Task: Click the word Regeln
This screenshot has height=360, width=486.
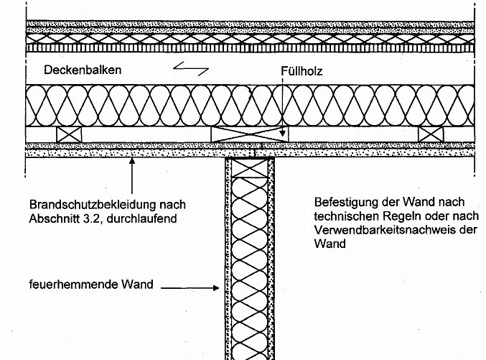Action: pos(396,216)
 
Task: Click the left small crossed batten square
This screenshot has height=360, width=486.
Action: pos(69,134)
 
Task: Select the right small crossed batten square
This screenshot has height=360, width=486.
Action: pos(431,134)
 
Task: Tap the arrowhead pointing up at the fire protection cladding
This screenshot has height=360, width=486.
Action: pos(131,162)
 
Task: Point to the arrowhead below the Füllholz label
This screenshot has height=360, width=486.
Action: pos(284,134)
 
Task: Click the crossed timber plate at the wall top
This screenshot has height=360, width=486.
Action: pos(250,167)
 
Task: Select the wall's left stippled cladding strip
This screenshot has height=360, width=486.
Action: pos(228,259)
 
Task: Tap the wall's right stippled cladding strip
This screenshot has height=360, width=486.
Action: pos(271,259)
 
